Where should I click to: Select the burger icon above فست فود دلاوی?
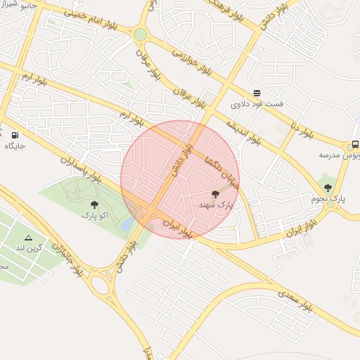pyautogui.click(x=257, y=93)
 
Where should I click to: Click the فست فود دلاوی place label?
pyautogui.click(x=257, y=104)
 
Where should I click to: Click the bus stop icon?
pyautogui.click(x=356, y=146)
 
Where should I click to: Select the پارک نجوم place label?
pyautogui.click(x=328, y=199)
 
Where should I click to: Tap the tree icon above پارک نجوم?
pyautogui.click(x=328, y=188)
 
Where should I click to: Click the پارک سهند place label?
pyautogui.click(x=216, y=205)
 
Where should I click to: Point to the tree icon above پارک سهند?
pyautogui.click(x=216, y=194)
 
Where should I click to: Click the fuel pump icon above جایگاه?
pyautogui.click(x=15, y=135)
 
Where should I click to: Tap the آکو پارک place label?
pyautogui.click(x=94, y=214)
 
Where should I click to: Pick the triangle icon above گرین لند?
pyautogui.click(x=29, y=238)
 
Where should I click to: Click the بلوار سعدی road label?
pyautogui.click(x=296, y=300)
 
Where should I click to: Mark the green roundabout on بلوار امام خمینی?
pyautogui.click(x=140, y=34)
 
